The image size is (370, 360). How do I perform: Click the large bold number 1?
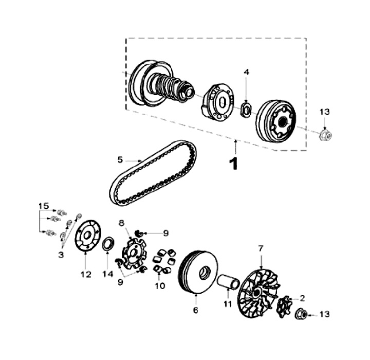click(x=234, y=164)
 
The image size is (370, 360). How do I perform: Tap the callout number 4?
click(x=247, y=73)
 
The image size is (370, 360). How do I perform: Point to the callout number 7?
click(x=261, y=248)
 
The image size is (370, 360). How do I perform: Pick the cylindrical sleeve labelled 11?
click(x=227, y=283)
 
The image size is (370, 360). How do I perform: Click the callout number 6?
click(x=196, y=311)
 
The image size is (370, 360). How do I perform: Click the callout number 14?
click(x=107, y=274)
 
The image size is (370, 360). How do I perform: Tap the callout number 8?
click(x=122, y=223)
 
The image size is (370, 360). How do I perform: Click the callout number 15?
click(x=44, y=206)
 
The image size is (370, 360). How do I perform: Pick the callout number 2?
click(x=302, y=298)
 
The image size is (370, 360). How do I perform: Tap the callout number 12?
click(x=85, y=274)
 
